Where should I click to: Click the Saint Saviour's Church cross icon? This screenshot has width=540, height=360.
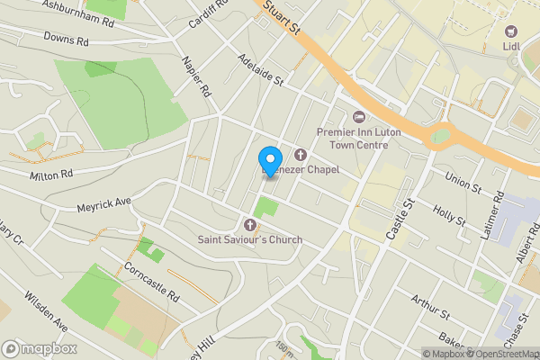pyautogui.click(x=250, y=224)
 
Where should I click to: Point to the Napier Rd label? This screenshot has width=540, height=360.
pyautogui.click(x=195, y=78)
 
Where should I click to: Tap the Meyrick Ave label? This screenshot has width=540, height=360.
pyautogui.click(x=104, y=206)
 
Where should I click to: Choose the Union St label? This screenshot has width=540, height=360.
pyautogui.click(x=464, y=181)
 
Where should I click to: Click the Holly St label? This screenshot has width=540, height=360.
pyautogui.click(x=448, y=216)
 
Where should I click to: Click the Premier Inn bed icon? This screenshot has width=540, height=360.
pyautogui.click(x=359, y=116)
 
